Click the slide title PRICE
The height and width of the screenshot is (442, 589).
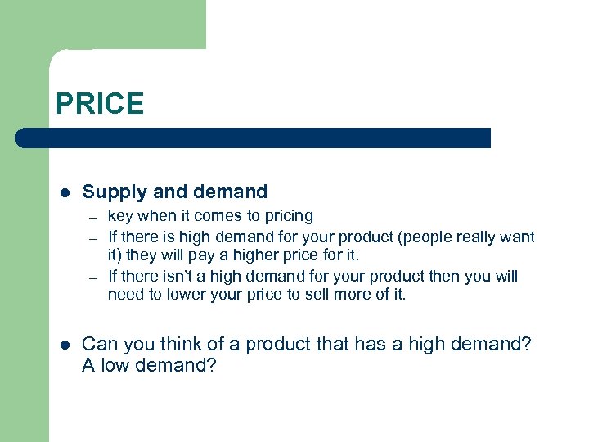tap(100, 104)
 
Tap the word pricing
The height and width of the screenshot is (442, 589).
tap(287, 216)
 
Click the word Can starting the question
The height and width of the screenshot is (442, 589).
tap(98, 344)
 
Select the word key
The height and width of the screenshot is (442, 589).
tap(120, 216)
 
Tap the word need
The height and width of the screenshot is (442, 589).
tap(125, 295)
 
